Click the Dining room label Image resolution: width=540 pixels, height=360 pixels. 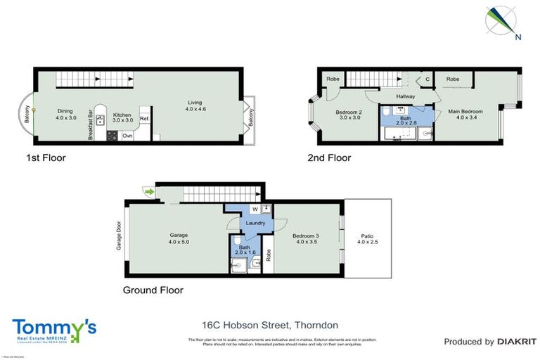pos(65,110)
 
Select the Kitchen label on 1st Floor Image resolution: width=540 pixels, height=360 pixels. pos(122,114)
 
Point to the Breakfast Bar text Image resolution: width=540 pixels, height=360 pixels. pos(91,124)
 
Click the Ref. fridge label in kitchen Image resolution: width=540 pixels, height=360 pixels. pos(144,119)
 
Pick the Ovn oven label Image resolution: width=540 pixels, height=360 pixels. pos(127,134)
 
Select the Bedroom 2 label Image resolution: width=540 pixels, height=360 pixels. pos(349,112)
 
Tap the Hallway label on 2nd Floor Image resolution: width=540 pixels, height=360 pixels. pos(406,96)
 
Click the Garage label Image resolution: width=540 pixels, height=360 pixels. pos(179,235)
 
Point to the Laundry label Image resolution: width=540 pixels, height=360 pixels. pos(255,223)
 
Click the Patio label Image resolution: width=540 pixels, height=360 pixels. pos(367,236)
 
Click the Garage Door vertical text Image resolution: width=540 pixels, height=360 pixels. pos(120,238)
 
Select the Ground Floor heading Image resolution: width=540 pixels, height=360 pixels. pos(153,290)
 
